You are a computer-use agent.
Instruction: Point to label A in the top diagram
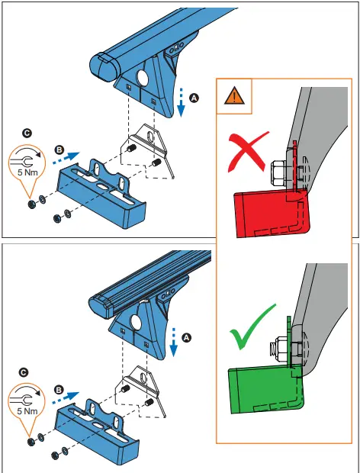point(194,98)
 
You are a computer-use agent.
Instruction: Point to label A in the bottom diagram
point(188,336)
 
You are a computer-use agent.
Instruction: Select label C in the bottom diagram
point(24,372)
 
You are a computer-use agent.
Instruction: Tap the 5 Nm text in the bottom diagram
point(27,411)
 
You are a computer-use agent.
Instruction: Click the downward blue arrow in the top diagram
point(181,103)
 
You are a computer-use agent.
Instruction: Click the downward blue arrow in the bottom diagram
point(174,341)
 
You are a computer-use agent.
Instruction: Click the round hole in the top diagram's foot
point(143,79)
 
